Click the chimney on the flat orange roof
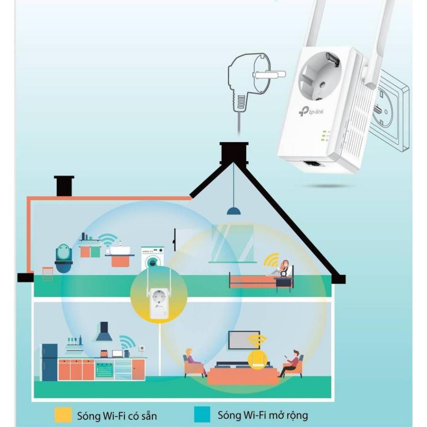[64, 186]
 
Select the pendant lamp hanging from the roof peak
[233, 211]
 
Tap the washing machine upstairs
[152, 258]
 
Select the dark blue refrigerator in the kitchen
[49, 362]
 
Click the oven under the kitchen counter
[104, 370]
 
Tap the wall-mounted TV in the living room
[244, 339]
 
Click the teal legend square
[202, 414]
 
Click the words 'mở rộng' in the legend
[287, 415]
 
